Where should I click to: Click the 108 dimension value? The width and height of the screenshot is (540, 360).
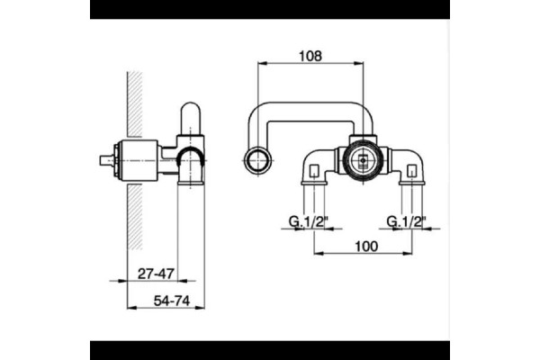coord(310,56)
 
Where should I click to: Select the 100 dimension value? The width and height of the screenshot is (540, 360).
coord(366,247)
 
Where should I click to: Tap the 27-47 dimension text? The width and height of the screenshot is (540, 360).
coord(156,274)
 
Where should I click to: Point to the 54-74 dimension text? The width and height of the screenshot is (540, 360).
coord(172,301)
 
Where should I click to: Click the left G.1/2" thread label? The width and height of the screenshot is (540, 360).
coord(307,221)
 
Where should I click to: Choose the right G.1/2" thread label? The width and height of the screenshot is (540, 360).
coord(406,221)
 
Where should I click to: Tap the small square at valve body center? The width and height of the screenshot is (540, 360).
coord(363,160)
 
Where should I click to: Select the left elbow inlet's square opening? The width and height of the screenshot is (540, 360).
coord(314,171)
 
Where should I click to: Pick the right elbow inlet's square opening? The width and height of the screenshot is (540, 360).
coord(412,171)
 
